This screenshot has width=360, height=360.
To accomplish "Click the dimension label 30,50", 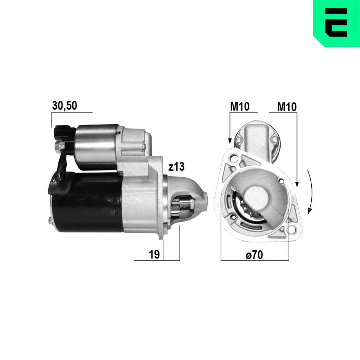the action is (x=64, y=106).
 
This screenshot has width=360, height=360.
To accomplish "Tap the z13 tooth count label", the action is (x=176, y=167).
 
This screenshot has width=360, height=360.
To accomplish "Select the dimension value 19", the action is (x=154, y=255).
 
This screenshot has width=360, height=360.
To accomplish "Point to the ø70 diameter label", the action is (x=254, y=255).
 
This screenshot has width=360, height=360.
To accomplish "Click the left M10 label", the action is (x=240, y=107).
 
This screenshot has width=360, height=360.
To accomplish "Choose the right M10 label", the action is (x=287, y=107).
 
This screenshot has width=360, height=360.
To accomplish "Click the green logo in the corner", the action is (x=337, y=23).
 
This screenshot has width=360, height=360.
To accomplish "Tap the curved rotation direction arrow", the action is (x=311, y=192).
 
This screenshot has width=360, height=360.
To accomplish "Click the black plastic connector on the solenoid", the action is (x=62, y=132).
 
